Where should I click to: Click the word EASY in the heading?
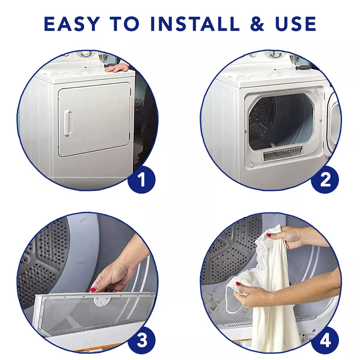(72, 24)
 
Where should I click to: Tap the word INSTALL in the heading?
(195, 24)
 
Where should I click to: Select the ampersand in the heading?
(256, 24)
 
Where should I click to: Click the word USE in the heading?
(295, 24)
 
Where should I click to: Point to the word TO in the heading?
(124, 24)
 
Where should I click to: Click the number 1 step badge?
(141, 180)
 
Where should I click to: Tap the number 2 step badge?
(325, 180)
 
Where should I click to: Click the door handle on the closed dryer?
(67, 120)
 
